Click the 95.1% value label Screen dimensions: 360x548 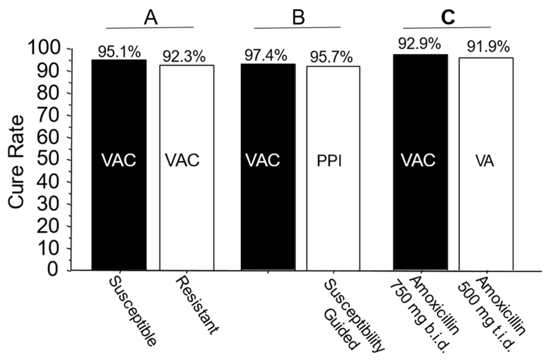click(119, 53)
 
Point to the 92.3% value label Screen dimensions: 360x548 click(184, 57)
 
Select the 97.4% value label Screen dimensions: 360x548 click(266, 55)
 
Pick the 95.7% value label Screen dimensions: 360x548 click(331, 57)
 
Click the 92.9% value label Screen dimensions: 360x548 click(420, 45)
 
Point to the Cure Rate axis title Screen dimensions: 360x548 click(16, 162)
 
